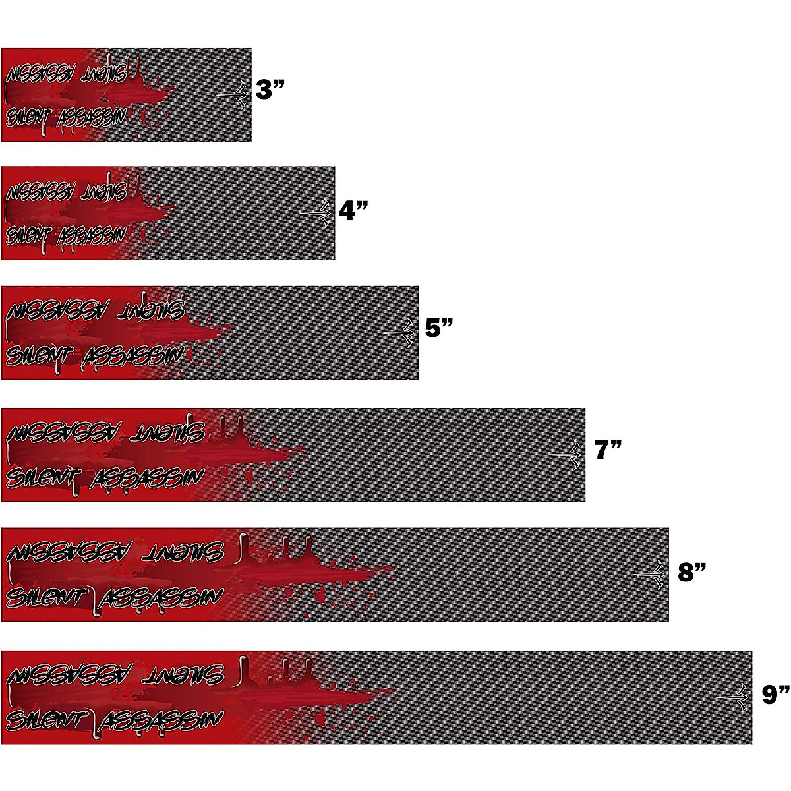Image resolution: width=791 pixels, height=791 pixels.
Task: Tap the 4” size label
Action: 353,210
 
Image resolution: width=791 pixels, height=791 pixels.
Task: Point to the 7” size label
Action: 608,450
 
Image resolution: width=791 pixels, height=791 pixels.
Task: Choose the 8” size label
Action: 692,571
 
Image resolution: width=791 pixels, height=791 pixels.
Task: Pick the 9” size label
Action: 775,694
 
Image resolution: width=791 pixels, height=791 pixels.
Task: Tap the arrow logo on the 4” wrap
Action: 317,214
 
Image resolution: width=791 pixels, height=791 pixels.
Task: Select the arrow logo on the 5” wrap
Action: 401,334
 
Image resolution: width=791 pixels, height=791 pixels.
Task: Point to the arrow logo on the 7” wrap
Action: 568,455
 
